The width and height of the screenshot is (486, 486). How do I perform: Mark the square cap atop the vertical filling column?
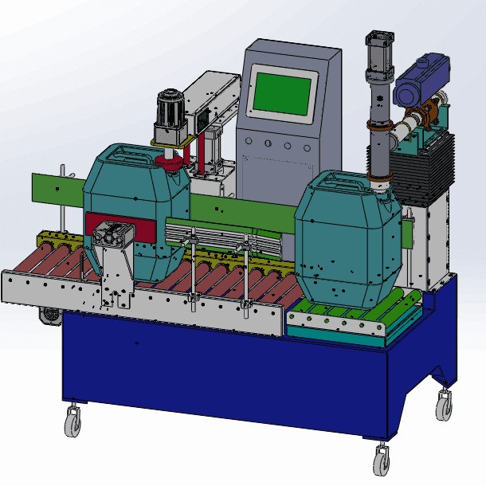[378, 38]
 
